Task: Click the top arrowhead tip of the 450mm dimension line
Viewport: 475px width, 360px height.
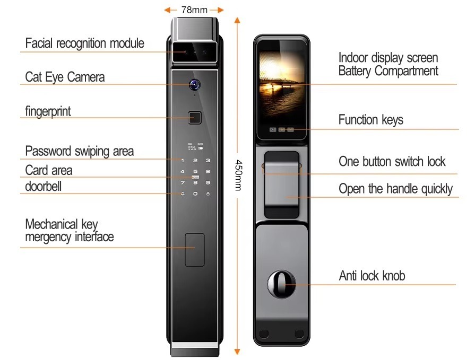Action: [237, 17]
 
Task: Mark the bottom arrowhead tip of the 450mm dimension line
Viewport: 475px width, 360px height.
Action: [237, 355]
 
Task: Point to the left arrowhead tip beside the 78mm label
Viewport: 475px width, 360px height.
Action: [164, 10]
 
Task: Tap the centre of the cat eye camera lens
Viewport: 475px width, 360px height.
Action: [195, 84]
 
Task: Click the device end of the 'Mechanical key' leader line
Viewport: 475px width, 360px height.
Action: [194, 248]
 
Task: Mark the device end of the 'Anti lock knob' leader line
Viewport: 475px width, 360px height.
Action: [285, 284]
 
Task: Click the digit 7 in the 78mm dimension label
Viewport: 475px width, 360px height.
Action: [184, 10]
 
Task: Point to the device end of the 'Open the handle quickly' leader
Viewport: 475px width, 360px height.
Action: [286, 197]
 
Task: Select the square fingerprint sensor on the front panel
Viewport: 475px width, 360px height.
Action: [195, 118]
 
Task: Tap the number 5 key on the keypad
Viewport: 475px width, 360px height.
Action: [195, 172]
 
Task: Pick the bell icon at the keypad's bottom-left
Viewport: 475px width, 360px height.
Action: [183, 194]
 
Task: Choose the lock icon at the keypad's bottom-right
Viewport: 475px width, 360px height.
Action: [208, 194]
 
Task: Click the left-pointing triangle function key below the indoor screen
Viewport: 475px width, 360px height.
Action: [273, 129]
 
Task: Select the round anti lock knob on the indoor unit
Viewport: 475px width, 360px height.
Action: [281, 284]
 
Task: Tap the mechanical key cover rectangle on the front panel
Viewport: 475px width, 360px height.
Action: [195, 250]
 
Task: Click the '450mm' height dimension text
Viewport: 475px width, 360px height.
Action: [239, 175]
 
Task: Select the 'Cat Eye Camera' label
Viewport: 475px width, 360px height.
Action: [65, 77]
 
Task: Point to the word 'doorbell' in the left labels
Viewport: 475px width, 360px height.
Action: [44, 186]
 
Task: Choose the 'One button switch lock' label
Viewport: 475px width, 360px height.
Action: [392, 161]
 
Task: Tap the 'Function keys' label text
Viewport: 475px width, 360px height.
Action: [371, 120]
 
